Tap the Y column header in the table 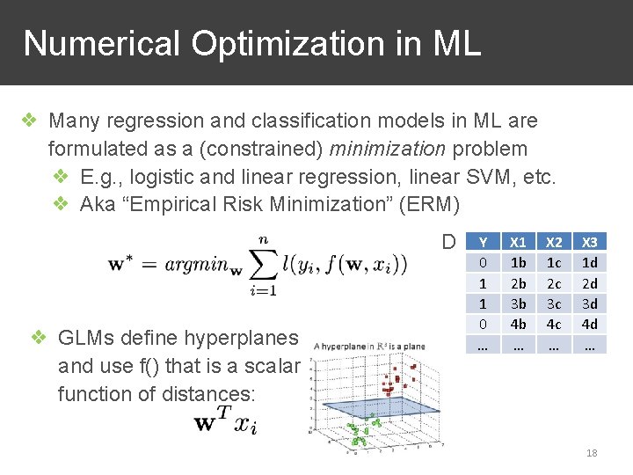coord(482,242)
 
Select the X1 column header coord(519,242)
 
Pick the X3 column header coord(590,242)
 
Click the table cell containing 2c coord(555,282)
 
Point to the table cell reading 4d coord(590,323)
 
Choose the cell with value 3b coord(519,303)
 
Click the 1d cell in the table coord(590,262)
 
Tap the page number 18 coord(592,453)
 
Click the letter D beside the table coord(448,242)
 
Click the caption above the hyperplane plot coord(368,346)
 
